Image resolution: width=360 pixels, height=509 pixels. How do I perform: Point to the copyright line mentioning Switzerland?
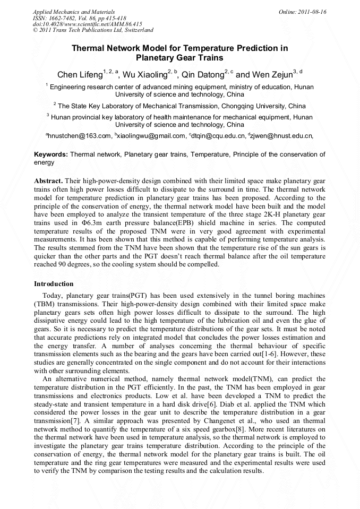(x=93, y=30)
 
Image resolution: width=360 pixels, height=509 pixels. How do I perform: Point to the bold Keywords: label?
(x=51, y=154)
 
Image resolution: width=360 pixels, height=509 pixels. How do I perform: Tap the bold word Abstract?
(x=48, y=181)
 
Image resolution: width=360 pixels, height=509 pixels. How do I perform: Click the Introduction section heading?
(x=54, y=284)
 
